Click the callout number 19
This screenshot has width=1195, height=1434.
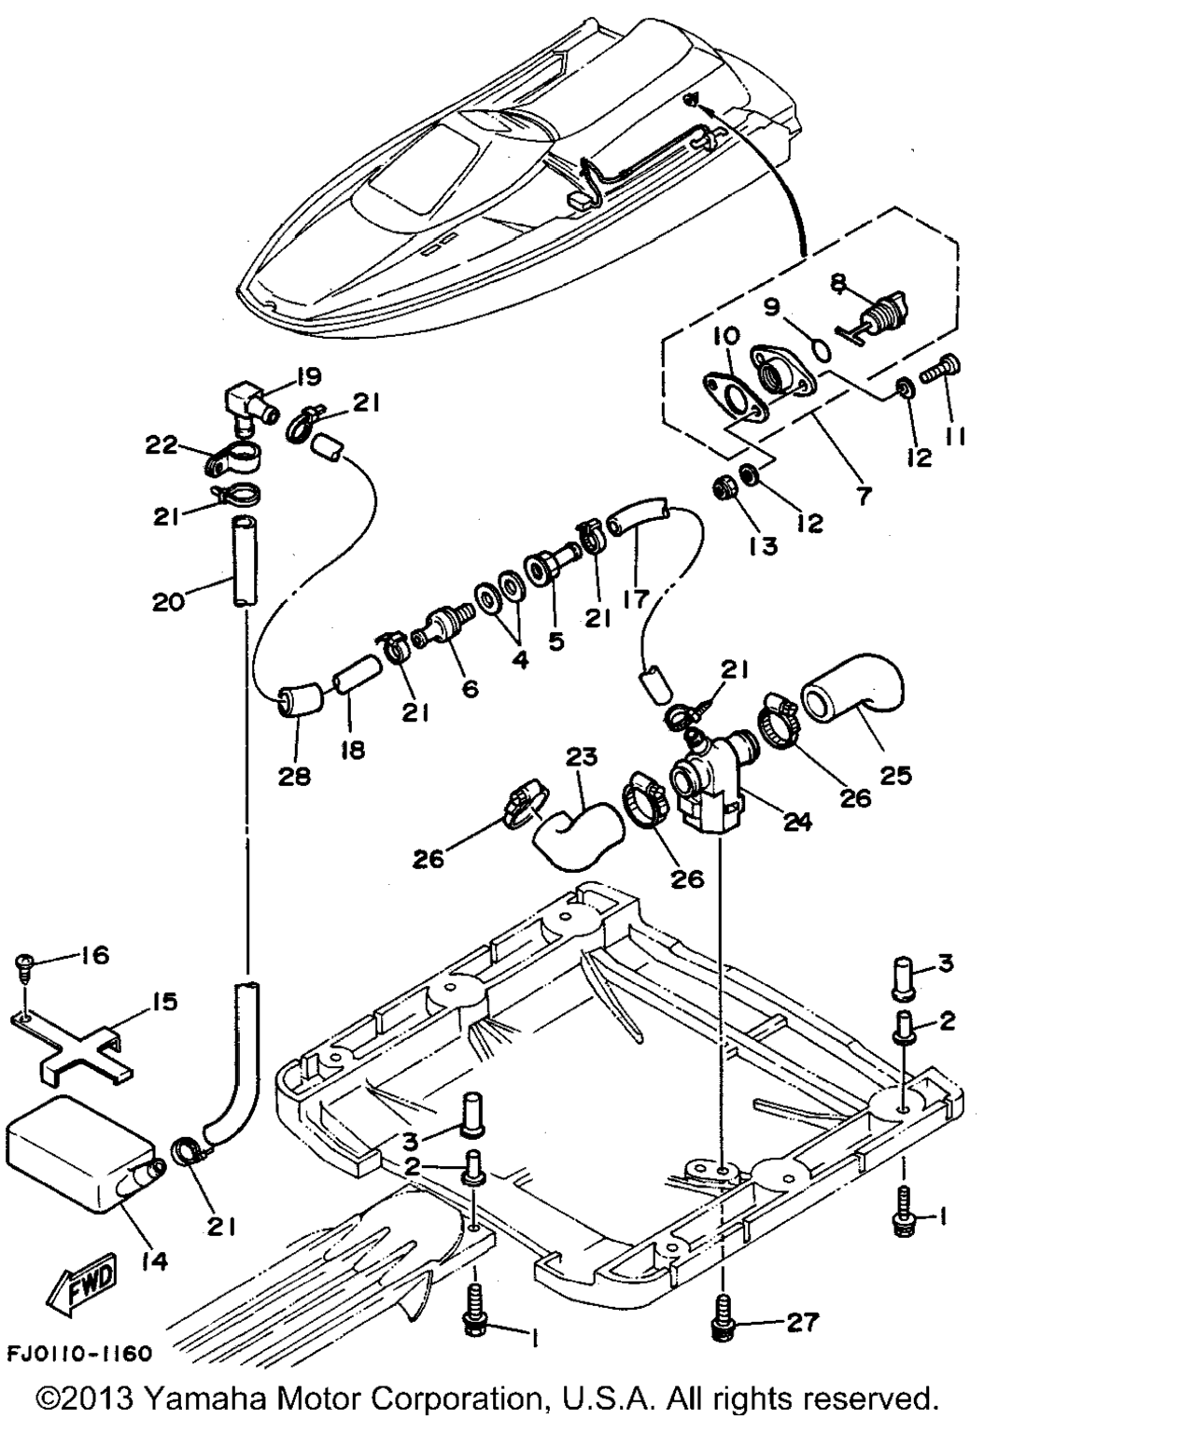[x=307, y=377]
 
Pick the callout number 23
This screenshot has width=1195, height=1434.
[x=582, y=756]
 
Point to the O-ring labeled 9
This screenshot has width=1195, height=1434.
[x=819, y=348]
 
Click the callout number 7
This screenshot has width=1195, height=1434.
[x=864, y=495]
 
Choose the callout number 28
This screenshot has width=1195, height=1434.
[x=294, y=775]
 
